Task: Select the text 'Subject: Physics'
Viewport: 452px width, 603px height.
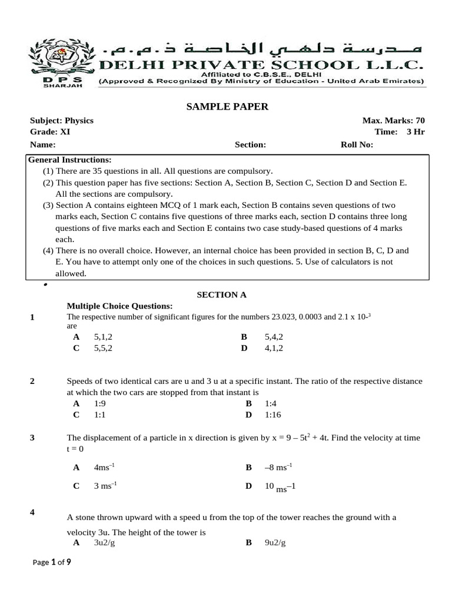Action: click(x=62, y=121)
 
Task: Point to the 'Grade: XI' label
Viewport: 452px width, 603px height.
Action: click(x=50, y=132)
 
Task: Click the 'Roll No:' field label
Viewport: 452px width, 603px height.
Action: click(x=357, y=145)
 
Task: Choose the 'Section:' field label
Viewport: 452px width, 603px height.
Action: click(x=250, y=145)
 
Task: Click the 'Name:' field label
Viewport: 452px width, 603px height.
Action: click(x=42, y=145)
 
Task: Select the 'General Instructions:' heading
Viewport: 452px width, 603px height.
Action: click(x=69, y=160)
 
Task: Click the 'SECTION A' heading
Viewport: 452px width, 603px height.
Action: click(x=221, y=294)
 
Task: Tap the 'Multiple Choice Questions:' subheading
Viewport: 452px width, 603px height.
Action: click(x=119, y=306)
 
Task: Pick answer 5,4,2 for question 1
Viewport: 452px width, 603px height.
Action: click(x=274, y=337)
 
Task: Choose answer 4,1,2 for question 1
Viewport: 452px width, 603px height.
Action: click(x=274, y=348)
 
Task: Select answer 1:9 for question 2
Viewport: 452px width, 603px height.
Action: click(x=101, y=403)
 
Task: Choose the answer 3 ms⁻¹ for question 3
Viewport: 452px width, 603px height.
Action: click(x=105, y=486)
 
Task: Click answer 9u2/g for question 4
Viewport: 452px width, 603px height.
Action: click(x=275, y=544)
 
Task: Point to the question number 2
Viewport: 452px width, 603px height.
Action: click(x=32, y=381)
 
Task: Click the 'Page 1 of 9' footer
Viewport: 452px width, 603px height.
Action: click(x=52, y=562)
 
